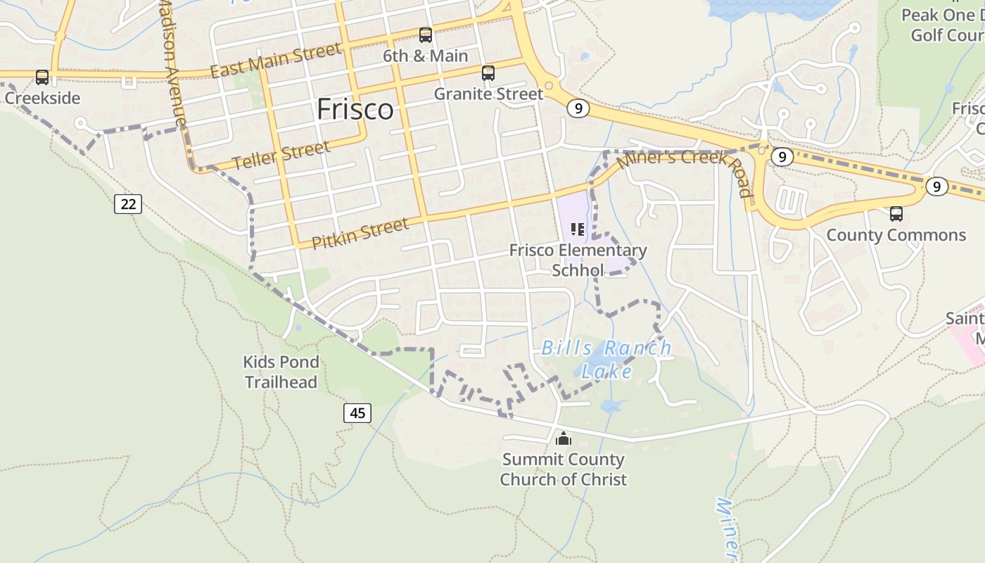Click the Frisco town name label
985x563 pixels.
[x=355, y=110]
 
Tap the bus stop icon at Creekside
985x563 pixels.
[x=42, y=77]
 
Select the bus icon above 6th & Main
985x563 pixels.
[x=426, y=35]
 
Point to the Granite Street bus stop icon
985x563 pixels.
[x=488, y=72]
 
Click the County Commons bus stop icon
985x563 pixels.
[x=896, y=213]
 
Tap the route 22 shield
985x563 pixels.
[x=128, y=204]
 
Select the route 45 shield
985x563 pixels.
[x=357, y=412]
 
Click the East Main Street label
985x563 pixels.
[x=276, y=61]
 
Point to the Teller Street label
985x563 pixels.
[x=281, y=156]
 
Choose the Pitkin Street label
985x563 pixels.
[x=360, y=233]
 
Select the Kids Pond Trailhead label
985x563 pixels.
[x=281, y=372]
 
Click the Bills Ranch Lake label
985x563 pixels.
[x=606, y=359]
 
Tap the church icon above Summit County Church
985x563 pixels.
[x=564, y=439]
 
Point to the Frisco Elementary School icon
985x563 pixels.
[x=578, y=229]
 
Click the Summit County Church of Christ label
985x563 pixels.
[x=563, y=469]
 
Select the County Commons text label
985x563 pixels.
[x=896, y=235]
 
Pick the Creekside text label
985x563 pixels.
[x=42, y=98]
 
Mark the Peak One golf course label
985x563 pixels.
[x=943, y=25]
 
